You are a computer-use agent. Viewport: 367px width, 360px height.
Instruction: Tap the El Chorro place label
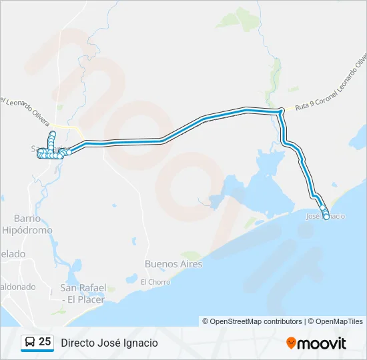pyautogui.click(x=155, y=282)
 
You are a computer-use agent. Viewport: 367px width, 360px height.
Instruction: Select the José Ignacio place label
pyautogui.click(x=325, y=217)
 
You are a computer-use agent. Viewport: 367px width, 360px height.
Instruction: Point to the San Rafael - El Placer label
pyautogui.click(x=82, y=293)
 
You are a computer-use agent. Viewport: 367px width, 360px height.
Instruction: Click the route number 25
pyautogui.click(x=45, y=342)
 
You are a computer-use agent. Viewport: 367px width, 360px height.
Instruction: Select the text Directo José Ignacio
pyautogui.click(x=109, y=343)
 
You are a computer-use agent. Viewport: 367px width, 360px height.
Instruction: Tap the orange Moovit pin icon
pyautogui.click(x=291, y=343)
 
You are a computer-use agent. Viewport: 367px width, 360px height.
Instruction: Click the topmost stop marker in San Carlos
pyautogui.click(x=52, y=134)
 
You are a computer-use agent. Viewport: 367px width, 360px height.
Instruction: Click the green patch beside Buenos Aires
pyautogui.click(x=191, y=255)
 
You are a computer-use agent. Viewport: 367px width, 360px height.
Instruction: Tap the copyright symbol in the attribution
pyautogui.click(x=206, y=321)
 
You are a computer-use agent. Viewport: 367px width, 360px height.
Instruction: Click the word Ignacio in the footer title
pyautogui.click(x=141, y=343)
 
